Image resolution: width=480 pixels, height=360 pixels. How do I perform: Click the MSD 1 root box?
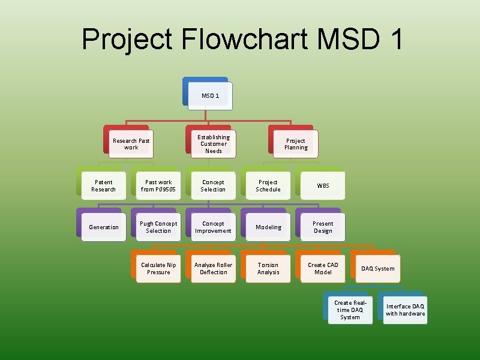click(x=210, y=96)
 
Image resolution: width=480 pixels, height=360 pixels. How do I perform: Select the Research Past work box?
click(x=131, y=144)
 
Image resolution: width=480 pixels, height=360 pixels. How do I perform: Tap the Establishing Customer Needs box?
click(x=214, y=144)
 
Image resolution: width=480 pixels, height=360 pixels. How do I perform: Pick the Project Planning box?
click(x=296, y=144)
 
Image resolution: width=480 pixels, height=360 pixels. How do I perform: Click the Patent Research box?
click(x=103, y=185)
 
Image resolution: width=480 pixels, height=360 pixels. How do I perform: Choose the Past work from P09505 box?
click(x=158, y=185)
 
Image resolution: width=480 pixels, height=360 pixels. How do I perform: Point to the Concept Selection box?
click(x=213, y=185)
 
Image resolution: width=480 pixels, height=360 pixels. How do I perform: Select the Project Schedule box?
click(x=268, y=185)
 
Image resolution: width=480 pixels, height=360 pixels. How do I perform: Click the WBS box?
click(x=323, y=185)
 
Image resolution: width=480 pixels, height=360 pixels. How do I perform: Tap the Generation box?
click(x=103, y=227)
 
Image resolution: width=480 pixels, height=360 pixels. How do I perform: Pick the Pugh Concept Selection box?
click(x=158, y=227)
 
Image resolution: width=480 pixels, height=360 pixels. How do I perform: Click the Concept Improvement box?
click(x=213, y=227)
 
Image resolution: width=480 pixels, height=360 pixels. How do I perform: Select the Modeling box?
click(x=268, y=227)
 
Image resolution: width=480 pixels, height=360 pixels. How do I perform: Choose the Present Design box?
click(x=323, y=227)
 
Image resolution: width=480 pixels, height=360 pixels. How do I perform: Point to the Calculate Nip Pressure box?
click(x=158, y=268)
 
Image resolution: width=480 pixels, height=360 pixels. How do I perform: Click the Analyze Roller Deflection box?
click(x=213, y=268)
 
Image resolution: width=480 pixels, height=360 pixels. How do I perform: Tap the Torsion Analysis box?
click(x=268, y=268)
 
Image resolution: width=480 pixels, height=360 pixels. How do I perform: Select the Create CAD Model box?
click(x=323, y=268)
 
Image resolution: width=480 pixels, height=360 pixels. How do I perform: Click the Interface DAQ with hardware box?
click(x=405, y=310)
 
